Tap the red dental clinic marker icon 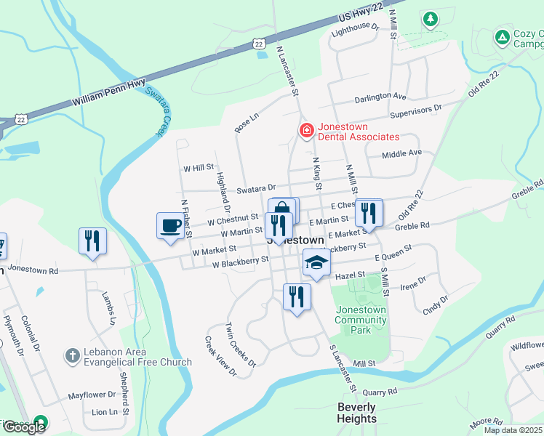307,131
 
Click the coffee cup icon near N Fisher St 171,225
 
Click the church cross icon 71,355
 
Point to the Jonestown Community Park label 361,320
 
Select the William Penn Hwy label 109,93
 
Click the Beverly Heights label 357,413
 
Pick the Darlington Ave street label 380,97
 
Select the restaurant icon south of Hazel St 297,296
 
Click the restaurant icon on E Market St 369,213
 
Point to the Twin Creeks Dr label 241,340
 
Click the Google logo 24,427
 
